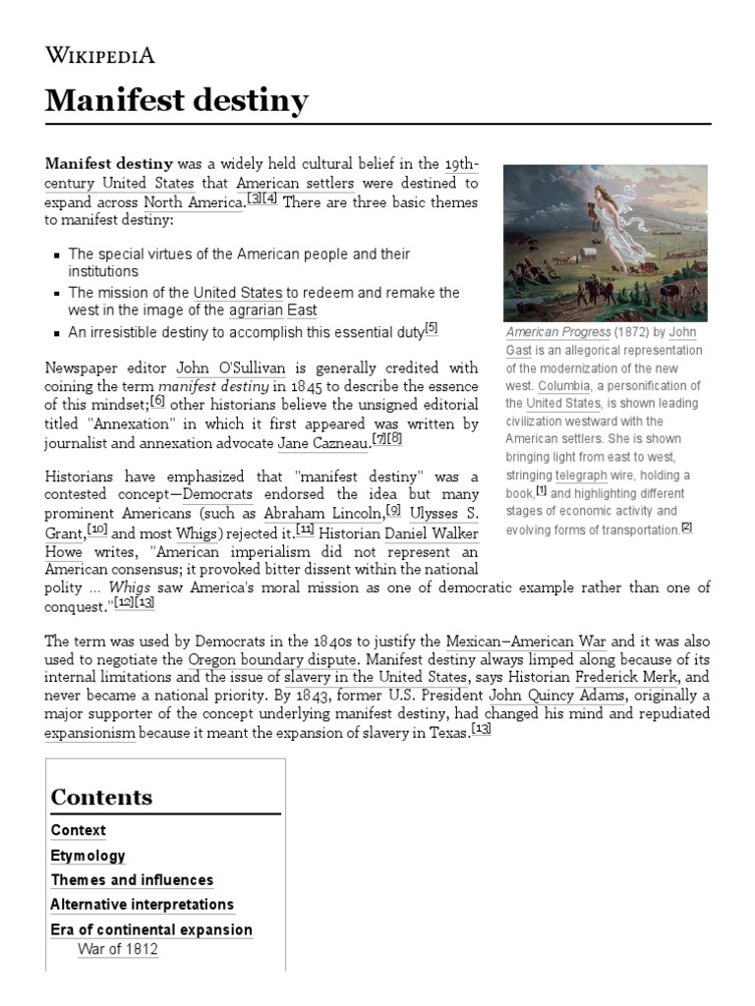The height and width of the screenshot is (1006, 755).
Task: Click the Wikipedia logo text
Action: pos(100,54)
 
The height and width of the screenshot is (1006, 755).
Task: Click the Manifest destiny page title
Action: pos(177,100)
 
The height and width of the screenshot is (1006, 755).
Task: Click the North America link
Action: pos(193,202)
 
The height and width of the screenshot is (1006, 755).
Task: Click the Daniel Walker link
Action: pos(432,531)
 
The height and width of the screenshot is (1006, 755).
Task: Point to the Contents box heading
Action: pos(102,797)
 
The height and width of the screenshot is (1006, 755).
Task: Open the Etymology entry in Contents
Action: pos(88,856)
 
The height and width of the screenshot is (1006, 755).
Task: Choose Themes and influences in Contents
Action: pos(132,880)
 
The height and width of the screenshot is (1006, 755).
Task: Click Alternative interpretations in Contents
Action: pos(143,904)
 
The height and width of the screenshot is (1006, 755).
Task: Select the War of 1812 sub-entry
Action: pos(117,949)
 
